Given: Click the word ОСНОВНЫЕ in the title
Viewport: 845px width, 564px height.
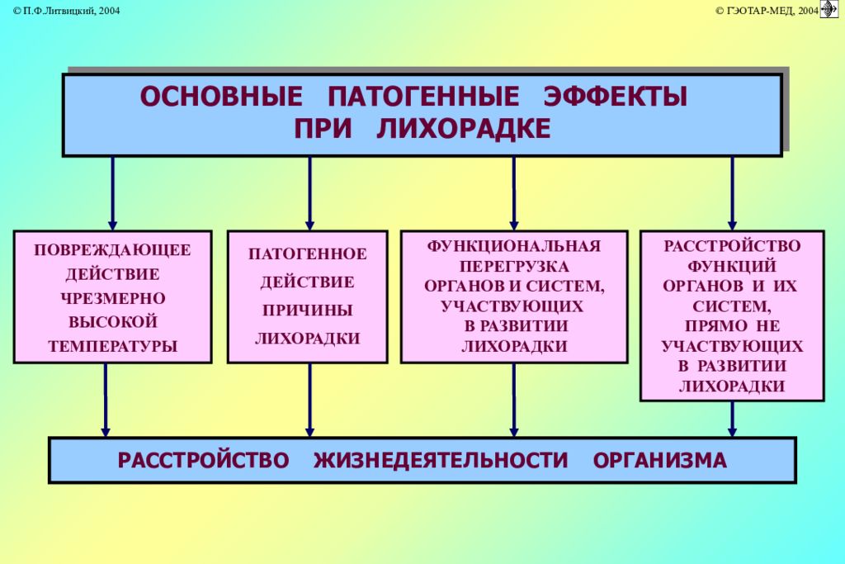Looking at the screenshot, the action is (221, 97).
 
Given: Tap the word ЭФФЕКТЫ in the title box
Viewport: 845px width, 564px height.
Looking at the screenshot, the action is (616, 97).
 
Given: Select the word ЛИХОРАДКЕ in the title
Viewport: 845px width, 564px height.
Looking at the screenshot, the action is (464, 129).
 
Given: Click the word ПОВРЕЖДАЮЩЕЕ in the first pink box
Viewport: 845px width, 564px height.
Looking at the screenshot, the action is (112, 250).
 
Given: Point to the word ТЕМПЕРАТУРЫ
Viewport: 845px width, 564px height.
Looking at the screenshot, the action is (112, 346).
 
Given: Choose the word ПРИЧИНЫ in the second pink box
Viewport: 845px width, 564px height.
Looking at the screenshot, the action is (308, 310).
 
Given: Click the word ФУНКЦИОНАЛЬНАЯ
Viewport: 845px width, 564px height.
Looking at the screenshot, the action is (514, 246).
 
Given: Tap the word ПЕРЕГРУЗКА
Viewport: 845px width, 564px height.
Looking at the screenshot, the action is (514, 267).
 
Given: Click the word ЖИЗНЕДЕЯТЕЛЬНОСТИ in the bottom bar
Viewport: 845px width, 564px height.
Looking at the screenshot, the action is (441, 461).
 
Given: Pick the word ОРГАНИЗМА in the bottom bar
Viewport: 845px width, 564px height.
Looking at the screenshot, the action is (659, 461).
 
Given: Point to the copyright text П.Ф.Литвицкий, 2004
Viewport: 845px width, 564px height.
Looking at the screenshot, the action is (66, 11).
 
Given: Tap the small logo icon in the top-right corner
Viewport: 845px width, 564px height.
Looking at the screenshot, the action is (828, 9).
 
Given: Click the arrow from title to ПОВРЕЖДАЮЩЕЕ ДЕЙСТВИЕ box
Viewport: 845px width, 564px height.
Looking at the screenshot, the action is (112, 193).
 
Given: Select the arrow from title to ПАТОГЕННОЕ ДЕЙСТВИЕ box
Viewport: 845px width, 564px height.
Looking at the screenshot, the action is (310, 193).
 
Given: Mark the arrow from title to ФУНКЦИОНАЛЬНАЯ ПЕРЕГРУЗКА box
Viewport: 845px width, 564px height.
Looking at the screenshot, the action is (514, 193).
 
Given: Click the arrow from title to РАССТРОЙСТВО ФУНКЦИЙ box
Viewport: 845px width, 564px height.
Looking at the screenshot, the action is (733, 193).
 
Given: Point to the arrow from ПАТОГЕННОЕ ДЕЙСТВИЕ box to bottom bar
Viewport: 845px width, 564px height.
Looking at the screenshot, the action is (310, 400).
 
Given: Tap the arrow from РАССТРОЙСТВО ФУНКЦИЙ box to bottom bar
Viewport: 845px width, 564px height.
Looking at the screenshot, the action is (733, 419).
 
